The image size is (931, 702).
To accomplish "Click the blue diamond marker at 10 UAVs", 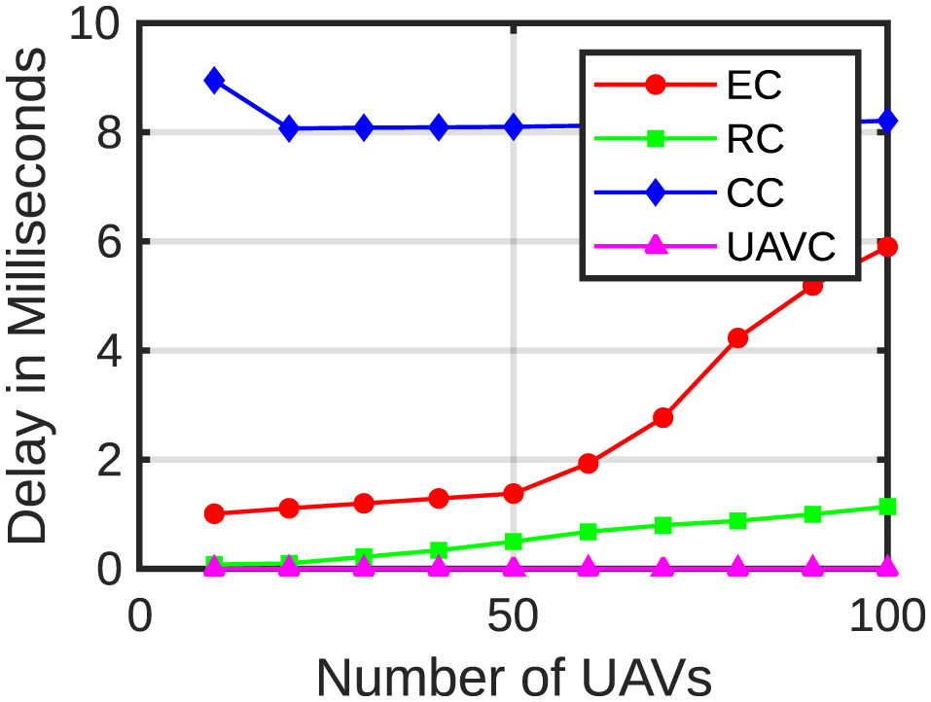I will click(x=214, y=80).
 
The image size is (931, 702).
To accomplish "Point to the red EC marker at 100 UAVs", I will click(x=887, y=247).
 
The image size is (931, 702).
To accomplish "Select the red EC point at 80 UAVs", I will click(x=737, y=337).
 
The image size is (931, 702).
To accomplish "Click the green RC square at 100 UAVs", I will click(x=887, y=507).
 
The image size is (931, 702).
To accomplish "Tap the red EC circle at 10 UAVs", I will click(x=214, y=513).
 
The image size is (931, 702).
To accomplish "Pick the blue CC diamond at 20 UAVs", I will click(x=289, y=128).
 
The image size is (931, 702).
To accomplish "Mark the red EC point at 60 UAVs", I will click(x=588, y=463).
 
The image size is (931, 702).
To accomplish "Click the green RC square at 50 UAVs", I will click(x=513, y=541).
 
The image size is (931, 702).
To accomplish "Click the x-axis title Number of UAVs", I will click(x=513, y=675).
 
